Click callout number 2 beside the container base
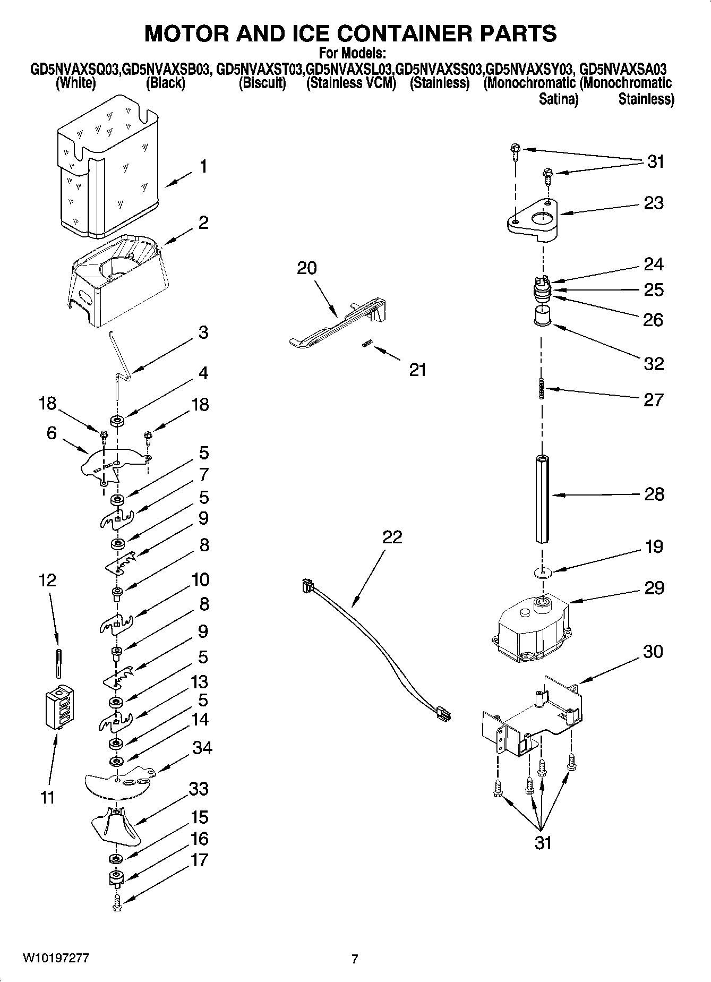(x=203, y=223)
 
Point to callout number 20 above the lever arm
(x=307, y=268)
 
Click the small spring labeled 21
(x=366, y=345)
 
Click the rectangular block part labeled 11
(x=59, y=708)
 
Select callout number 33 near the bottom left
(x=199, y=789)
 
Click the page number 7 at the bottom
(x=355, y=959)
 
